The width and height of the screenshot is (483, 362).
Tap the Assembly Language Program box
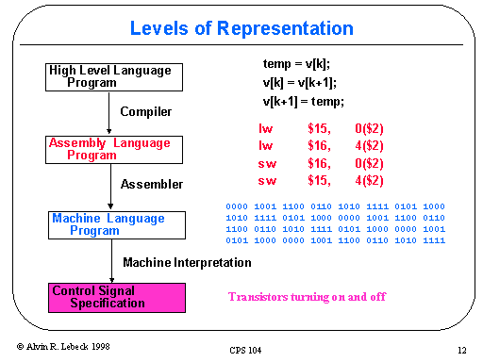[x=109, y=149]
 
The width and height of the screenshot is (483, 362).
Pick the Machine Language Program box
[x=109, y=224]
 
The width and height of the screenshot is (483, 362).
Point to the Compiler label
[x=146, y=112]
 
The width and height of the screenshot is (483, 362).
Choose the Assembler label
[x=152, y=184]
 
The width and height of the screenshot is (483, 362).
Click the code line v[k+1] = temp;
[x=304, y=101]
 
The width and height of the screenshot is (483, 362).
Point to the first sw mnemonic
[x=267, y=162]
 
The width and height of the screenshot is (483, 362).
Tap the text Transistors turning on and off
[x=307, y=297]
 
